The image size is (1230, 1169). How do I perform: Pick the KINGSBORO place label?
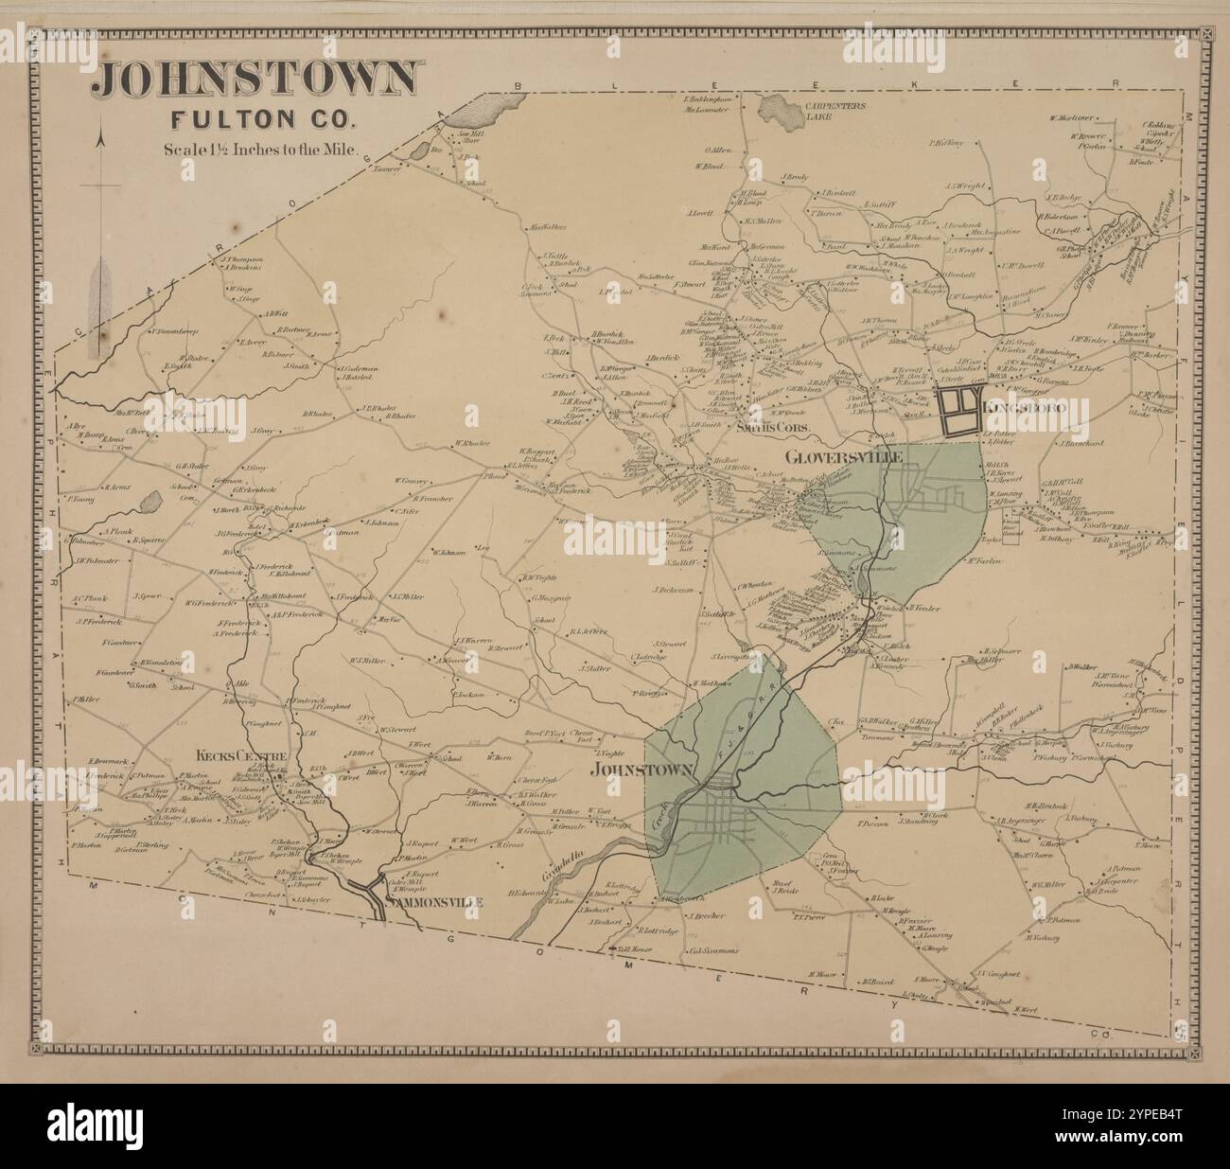pos(1028,406)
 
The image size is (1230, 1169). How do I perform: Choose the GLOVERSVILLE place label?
pos(844,457)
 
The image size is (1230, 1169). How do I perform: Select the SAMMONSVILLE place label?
pos(434,902)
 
